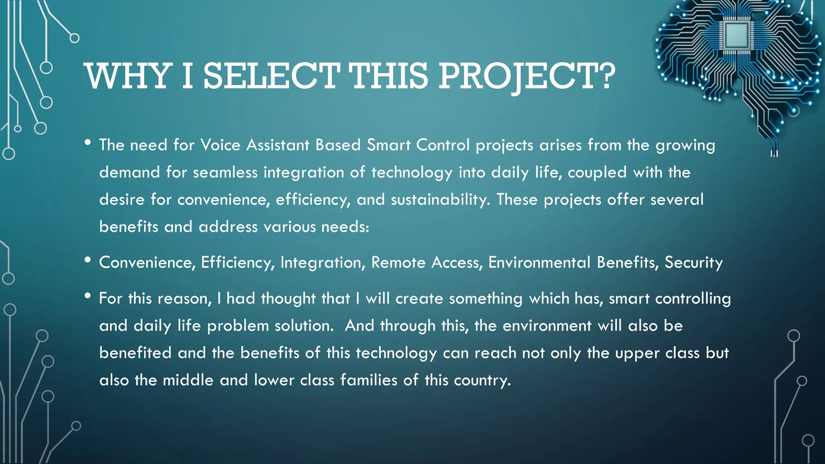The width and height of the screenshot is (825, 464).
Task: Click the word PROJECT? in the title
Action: (x=527, y=77)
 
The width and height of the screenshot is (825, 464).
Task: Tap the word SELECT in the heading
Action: (x=271, y=77)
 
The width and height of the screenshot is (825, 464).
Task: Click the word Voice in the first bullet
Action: (x=220, y=145)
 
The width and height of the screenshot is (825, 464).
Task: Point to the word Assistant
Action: (x=278, y=145)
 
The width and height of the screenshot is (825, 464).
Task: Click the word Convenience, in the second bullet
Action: (x=147, y=263)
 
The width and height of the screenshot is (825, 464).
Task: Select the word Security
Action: (x=693, y=263)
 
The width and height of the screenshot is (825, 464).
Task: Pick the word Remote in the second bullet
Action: (x=398, y=263)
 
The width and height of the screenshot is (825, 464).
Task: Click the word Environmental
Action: (x=539, y=263)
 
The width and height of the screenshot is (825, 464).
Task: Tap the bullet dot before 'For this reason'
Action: (x=88, y=296)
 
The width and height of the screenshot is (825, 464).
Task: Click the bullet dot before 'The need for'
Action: (x=88, y=143)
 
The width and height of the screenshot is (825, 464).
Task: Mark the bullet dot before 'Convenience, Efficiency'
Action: (x=88, y=260)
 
